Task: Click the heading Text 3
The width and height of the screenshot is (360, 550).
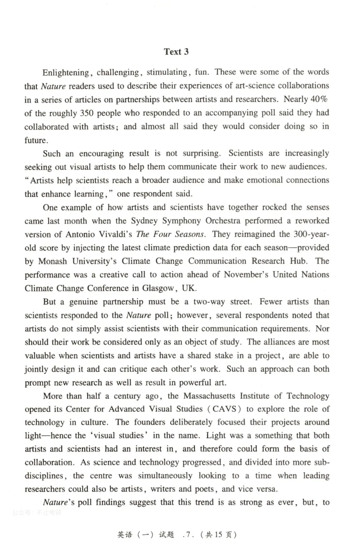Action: click(176, 52)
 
